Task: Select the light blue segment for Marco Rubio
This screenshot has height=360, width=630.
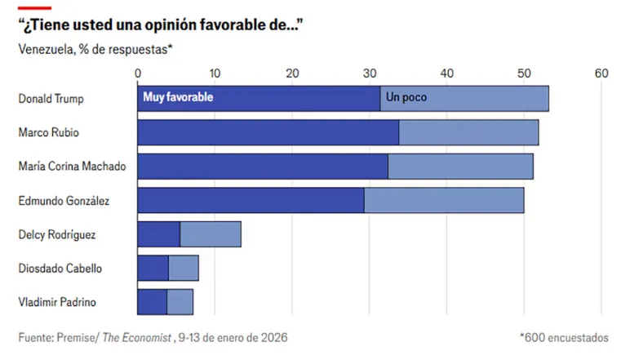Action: tap(468, 132)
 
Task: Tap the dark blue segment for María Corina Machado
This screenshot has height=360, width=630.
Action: tap(262, 166)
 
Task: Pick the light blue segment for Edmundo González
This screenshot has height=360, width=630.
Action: tap(444, 200)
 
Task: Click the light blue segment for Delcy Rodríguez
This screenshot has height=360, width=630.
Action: tap(211, 234)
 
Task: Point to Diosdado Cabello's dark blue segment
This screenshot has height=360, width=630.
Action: tap(153, 268)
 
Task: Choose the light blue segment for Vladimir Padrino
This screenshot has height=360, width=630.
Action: tap(180, 301)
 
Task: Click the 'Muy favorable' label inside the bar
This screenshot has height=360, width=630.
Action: tap(178, 97)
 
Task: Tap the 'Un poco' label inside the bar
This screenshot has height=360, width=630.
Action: tap(406, 97)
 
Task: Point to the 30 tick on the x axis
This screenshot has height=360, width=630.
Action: tap(370, 73)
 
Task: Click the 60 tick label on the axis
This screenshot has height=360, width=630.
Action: tap(601, 73)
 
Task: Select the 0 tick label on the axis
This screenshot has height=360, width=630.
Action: tap(138, 73)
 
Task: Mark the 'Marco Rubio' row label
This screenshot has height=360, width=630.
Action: tap(49, 132)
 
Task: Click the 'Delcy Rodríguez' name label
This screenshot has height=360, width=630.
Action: tap(57, 234)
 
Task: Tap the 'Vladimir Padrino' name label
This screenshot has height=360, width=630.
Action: tap(57, 302)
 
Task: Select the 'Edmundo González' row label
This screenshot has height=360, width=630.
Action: tap(64, 200)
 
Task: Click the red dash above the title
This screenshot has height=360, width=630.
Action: tap(34, 7)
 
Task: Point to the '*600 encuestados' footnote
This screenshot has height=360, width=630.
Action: tap(564, 337)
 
